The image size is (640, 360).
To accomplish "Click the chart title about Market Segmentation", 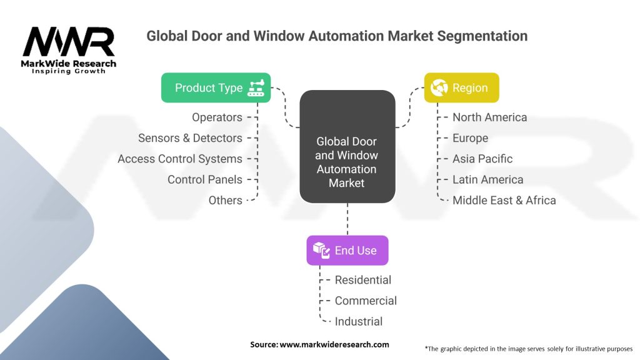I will tap(337, 36).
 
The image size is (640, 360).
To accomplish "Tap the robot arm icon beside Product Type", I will tap(256, 88).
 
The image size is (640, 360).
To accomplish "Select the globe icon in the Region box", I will tap(439, 88).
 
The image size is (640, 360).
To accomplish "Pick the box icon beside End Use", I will tap(321, 251).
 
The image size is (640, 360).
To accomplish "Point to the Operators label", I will tap(217, 117).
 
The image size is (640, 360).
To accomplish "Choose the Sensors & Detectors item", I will tap(190, 138).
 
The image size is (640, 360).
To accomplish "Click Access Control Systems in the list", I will tap(180, 159).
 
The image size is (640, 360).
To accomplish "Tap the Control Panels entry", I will tap(204, 179).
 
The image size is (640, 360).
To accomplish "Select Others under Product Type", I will tap(225, 200).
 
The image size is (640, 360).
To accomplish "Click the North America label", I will tap(489, 117).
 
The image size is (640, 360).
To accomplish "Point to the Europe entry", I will tap(470, 138).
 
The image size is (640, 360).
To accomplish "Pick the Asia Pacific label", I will tap(482, 159).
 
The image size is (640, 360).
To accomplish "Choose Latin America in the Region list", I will tap(487, 179).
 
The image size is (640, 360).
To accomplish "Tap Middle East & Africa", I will tap(504, 200).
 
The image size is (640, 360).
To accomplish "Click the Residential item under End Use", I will tap(362, 280).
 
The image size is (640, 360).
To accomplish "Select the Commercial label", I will tap(366, 301).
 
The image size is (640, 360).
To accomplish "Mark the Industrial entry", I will tap(358, 321).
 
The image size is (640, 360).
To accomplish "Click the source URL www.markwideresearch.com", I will tap(334, 344).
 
